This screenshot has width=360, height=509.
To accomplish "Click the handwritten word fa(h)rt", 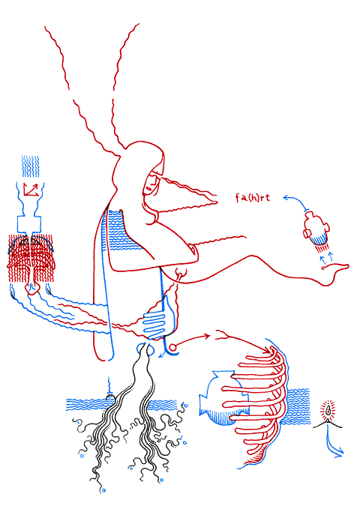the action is [253, 198].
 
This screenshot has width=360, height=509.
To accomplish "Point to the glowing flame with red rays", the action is [329, 411].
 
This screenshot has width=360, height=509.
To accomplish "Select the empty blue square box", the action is [29, 223].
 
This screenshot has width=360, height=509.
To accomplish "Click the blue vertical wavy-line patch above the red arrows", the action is [31, 166].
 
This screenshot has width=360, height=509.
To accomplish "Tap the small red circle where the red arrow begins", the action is [172, 348].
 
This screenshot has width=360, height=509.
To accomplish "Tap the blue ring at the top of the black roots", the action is [142, 349].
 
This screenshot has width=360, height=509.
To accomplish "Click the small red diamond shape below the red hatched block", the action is [31, 289].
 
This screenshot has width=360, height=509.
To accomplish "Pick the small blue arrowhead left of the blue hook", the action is [160, 356].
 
